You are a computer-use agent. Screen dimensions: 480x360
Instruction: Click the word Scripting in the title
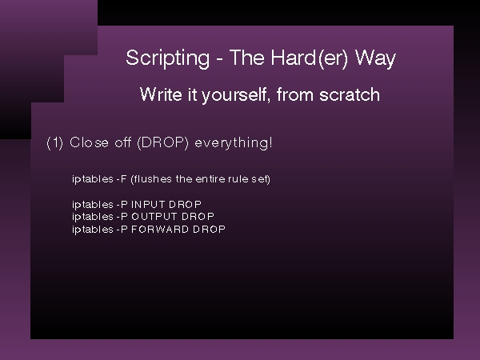pos(168,58)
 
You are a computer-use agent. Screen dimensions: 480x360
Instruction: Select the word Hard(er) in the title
pos(310,58)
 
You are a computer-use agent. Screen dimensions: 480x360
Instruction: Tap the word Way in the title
pos(375,58)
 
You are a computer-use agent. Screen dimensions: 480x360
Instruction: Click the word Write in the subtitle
pos(161,94)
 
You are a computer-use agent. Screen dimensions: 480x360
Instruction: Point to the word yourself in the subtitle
pos(236,95)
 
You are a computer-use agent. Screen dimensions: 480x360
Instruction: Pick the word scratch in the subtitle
pos(350,94)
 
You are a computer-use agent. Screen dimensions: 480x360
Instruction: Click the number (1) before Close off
pos(54,143)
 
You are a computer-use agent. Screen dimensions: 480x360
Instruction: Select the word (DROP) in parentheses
pos(163,143)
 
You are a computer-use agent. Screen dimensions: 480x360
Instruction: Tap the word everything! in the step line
pos(234,143)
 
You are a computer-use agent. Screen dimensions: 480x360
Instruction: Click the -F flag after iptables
pos(122,178)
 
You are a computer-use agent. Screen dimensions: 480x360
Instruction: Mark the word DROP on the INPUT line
pos(186,204)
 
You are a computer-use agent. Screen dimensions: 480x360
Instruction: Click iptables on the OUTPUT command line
pos(93,217)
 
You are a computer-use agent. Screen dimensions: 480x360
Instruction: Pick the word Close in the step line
pos(89,142)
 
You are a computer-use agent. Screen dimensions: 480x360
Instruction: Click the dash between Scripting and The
pos(219,60)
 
